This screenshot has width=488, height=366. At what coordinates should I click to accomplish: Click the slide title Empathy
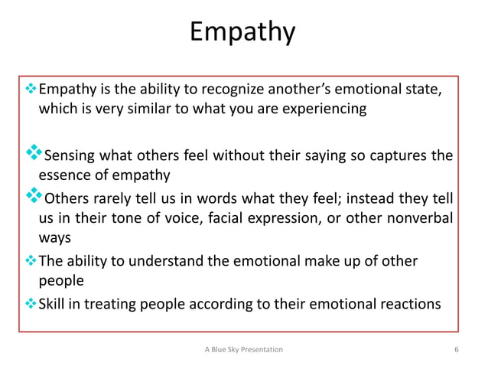[x=242, y=33]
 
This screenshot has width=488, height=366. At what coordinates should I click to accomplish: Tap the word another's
[x=293, y=91]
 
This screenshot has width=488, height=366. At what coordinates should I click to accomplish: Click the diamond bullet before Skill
[x=31, y=302]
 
